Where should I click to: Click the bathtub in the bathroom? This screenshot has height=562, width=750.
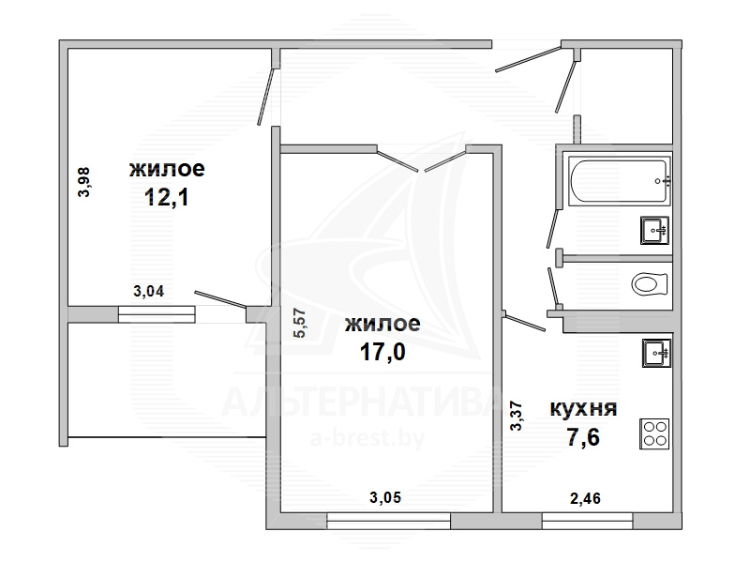tap(620, 181)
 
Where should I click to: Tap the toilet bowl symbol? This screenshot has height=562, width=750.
tap(649, 284)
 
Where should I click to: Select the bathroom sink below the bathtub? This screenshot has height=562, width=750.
tap(654, 230)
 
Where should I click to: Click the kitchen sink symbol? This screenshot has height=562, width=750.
tap(657, 354)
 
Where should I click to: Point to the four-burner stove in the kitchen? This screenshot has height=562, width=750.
tap(654, 433)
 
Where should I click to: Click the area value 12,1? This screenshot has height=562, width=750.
tap(167, 197)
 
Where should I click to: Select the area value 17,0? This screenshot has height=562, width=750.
tap(382, 352)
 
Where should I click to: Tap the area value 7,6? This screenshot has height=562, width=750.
tap(583, 437)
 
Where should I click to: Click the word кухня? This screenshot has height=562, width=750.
tap(583, 409)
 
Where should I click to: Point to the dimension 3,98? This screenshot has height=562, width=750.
tap(84, 182)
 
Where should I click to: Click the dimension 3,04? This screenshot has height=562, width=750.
tap(148, 291)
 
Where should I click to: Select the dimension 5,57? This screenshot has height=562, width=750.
tap(300, 323)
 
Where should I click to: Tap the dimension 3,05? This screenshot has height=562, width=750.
tap(385, 498)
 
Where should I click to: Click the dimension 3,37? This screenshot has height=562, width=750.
tap(517, 416)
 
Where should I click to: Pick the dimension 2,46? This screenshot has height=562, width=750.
tap(585, 498)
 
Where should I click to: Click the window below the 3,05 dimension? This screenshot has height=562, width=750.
tap(388, 521)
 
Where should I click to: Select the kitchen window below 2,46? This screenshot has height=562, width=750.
tap(588, 521)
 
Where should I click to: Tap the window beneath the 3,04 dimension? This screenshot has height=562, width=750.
tap(157, 314)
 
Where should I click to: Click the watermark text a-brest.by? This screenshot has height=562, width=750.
tap(367, 437)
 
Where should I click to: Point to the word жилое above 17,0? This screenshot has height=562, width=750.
tap(382, 324)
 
